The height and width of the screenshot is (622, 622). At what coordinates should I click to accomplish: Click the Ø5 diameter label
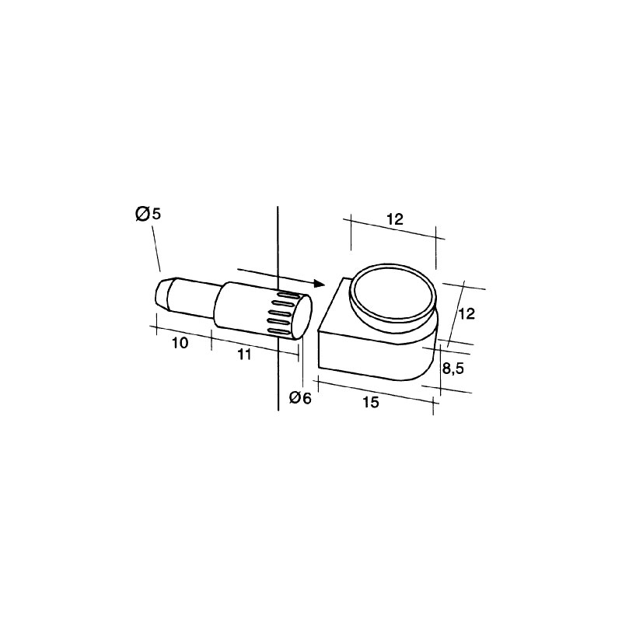click(x=149, y=215)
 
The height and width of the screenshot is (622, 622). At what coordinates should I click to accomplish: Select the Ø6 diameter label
click(x=300, y=398)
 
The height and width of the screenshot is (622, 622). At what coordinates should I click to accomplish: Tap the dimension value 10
click(x=180, y=343)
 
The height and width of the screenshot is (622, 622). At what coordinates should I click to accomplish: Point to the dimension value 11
click(x=244, y=355)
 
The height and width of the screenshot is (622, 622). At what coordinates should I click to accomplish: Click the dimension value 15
click(x=371, y=402)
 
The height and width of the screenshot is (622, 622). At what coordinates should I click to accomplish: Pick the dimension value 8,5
click(x=453, y=369)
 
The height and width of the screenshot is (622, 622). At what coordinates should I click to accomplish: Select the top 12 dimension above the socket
click(x=395, y=219)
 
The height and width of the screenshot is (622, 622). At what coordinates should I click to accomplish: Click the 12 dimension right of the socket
click(x=466, y=314)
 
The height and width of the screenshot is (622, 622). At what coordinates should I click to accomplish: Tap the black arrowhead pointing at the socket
click(x=319, y=283)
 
